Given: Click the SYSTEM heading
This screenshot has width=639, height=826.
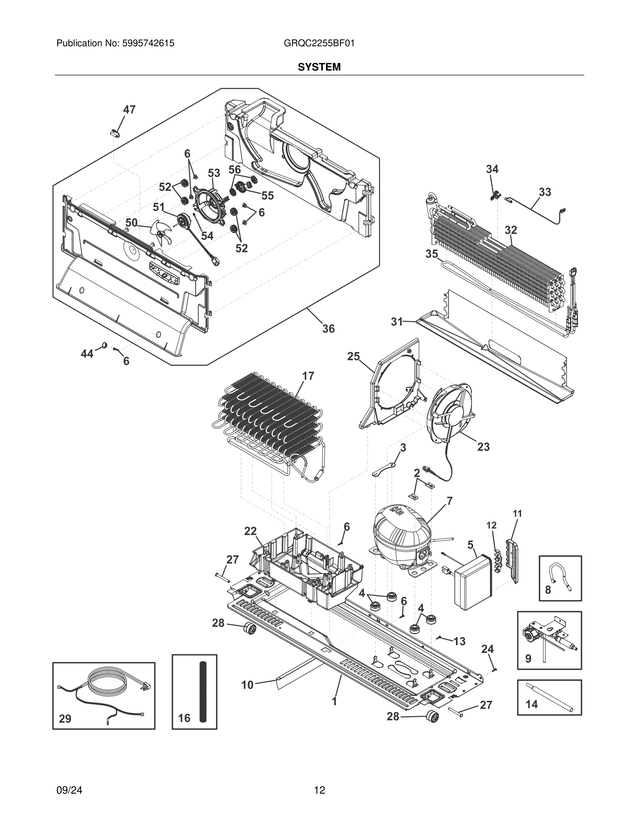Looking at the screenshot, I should (x=319, y=67).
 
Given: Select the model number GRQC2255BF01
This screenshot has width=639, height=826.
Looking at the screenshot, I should (x=319, y=43).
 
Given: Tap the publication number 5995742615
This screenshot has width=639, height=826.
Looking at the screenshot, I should (x=148, y=43).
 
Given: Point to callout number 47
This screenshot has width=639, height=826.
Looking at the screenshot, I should (x=129, y=110).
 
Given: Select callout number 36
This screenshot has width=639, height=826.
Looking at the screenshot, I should (x=328, y=329).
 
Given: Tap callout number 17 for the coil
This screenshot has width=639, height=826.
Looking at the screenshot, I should (x=308, y=376).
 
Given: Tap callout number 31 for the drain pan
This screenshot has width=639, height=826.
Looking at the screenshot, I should (x=396, y=322).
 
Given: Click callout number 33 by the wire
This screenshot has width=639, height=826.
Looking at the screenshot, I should (x=545, y=192).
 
